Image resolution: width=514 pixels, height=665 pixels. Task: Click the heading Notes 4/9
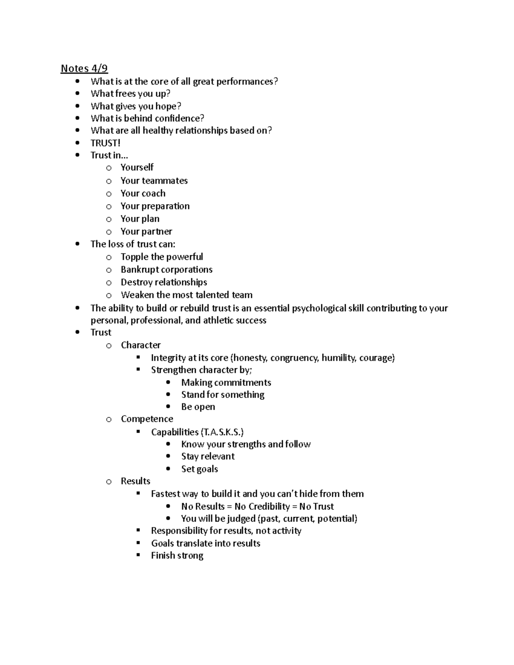tap(84, 69)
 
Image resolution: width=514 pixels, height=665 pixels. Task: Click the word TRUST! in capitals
tap(105, 143)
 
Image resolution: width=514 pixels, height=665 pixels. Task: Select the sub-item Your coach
tap(143, 194)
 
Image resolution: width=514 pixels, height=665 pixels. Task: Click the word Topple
tap(134, 257)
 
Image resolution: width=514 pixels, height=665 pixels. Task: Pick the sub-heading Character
tap(140, 345)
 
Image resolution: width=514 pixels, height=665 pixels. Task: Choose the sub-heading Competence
tap(147, 419)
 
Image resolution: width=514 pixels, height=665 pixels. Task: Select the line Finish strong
tap(177, 556)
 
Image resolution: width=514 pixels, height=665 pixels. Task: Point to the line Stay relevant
tap(208, 456)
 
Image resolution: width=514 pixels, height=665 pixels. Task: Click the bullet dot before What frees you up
tap(78, 93)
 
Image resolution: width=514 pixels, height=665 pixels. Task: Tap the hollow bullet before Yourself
tap(109, 168)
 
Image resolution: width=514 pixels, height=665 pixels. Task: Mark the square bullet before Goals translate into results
tap(138, 543)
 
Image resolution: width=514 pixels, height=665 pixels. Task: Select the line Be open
tap(198, 407)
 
